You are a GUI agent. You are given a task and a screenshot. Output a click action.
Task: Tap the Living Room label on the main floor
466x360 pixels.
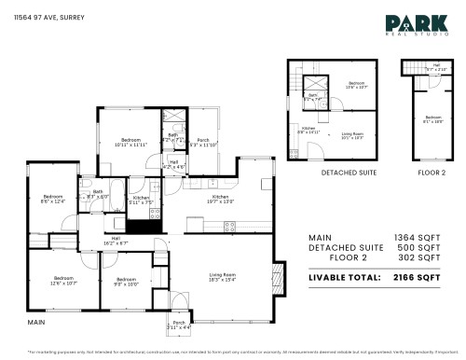coord(221,277)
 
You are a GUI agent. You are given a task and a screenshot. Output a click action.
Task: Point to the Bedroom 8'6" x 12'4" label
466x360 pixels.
coord(52,200)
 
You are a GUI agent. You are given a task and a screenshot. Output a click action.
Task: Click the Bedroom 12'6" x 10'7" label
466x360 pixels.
coord(63,280)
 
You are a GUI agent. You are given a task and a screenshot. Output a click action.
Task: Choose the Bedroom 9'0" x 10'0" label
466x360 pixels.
coord(126,281)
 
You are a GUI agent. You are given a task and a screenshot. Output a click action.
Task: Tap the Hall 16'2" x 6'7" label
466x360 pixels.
coord(116,240)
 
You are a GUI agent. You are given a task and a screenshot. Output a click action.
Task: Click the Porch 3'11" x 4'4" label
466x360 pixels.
coord(178,325)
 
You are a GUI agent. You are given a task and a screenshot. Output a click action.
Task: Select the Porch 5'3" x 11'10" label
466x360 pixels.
coord(203,143)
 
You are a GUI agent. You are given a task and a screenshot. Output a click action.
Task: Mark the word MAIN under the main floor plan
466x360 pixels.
coord(36,322)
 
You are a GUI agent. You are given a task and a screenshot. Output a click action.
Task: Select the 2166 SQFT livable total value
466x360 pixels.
coord(416,278)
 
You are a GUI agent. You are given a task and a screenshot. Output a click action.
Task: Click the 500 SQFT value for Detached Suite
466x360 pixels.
coord(420,250)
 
